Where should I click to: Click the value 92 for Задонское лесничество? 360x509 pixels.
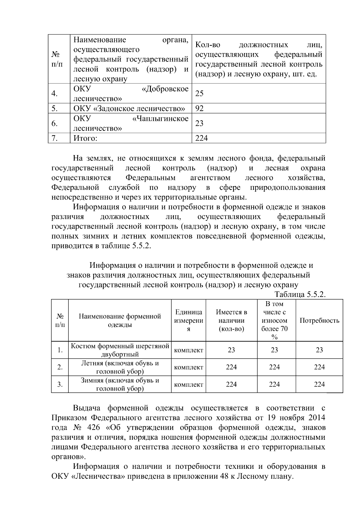point(199,108)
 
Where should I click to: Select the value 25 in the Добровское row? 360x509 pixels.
point(199,94)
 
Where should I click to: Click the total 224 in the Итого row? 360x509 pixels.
point(202,138)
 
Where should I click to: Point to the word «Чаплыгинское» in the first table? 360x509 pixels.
point(160,119)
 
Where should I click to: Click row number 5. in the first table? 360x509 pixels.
point(54,108)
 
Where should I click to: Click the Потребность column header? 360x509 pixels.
point(319,320)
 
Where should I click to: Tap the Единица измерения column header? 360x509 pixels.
point(189,320)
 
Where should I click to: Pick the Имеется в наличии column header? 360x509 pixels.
point(231,320)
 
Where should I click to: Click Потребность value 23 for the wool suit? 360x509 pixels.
point(319,350)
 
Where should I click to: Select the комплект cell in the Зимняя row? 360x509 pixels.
point(189,385)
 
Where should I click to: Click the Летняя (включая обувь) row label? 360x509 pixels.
point(120,367)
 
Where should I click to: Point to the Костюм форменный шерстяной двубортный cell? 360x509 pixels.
point(120,350)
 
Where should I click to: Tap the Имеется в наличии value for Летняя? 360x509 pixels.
point(231,367)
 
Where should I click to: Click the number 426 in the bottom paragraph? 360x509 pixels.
point(93,427)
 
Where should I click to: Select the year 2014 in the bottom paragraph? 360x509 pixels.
point(316,418)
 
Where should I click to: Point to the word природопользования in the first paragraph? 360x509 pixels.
point(287,188)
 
